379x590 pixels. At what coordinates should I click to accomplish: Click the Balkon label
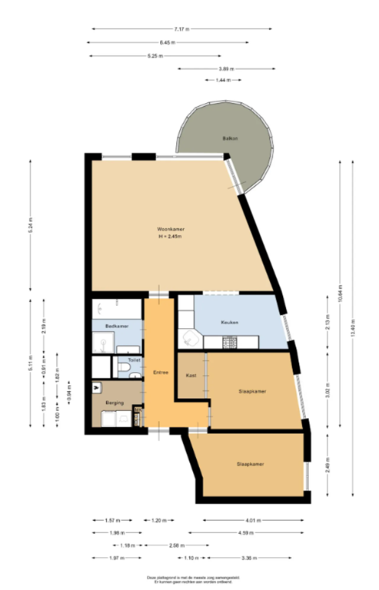point(230,138)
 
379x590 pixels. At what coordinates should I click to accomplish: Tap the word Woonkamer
point(171,229)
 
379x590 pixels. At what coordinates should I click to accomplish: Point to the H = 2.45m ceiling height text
point(171,237)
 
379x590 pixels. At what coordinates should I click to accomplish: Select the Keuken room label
point(230,322)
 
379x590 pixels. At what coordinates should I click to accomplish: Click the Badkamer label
point(116,326)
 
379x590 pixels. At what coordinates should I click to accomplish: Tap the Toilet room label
point(134,359)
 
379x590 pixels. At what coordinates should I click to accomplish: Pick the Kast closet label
point(191,375)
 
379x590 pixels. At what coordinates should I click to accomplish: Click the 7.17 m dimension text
point(181,29)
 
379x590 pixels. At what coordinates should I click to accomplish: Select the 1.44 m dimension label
point(222,80)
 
